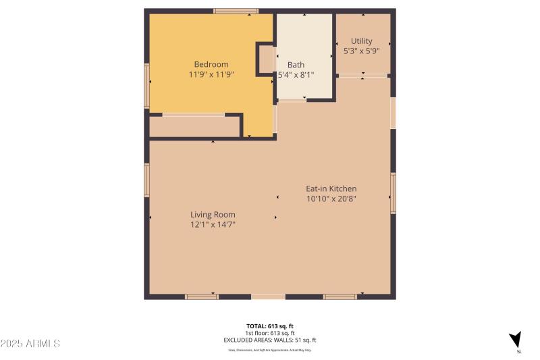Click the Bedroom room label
211,65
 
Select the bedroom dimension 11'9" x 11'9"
211,75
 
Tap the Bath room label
296,65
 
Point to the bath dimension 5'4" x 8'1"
296,75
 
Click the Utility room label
361,41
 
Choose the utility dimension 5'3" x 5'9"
361,51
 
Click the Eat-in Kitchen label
331,188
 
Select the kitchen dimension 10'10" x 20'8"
331,199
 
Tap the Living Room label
213,215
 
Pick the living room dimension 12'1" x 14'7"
213,224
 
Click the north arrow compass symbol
516,340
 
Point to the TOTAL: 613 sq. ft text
269,326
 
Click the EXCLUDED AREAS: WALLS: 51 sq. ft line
269,340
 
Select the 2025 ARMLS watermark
30,344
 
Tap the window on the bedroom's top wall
236,11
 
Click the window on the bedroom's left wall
146,86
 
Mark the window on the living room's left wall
146,180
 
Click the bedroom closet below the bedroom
194,126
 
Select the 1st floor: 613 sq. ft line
269,333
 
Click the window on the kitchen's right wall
393,193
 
